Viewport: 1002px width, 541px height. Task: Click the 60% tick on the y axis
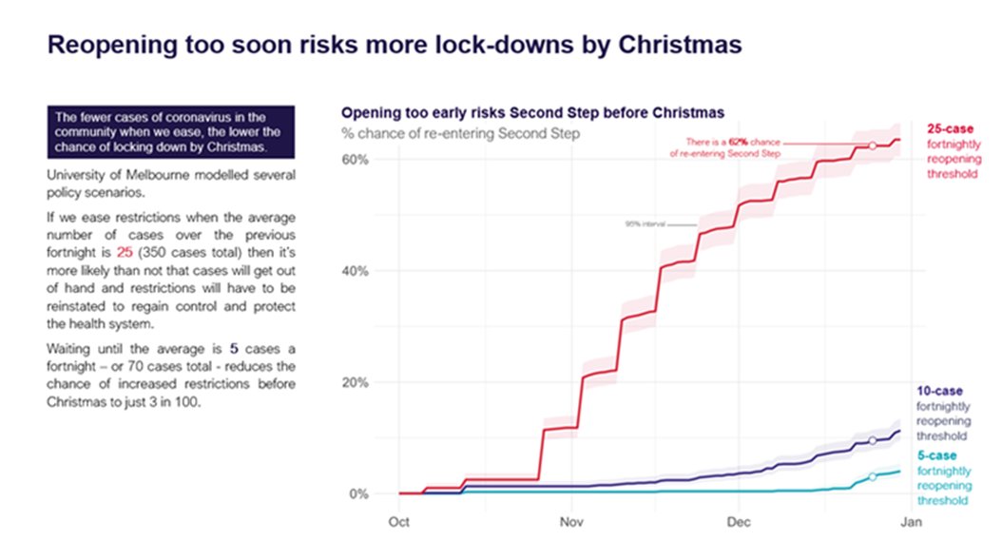coord(355,159)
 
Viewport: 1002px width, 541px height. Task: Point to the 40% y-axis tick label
coord(355,271)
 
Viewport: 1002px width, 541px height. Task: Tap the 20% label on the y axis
coord(355,382)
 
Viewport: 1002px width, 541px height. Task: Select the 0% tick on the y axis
coord(358,494)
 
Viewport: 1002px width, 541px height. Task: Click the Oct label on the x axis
coord(399,522)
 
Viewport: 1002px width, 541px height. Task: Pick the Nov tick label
coord(570,522)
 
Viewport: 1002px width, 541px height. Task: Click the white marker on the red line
coord(873,145)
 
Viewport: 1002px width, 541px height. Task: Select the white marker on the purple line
coord(873,440)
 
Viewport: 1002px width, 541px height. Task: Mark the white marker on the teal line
coord(873,476)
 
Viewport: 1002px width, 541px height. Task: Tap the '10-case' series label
coord(939,391)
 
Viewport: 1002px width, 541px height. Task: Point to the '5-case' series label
coord(936,455)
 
